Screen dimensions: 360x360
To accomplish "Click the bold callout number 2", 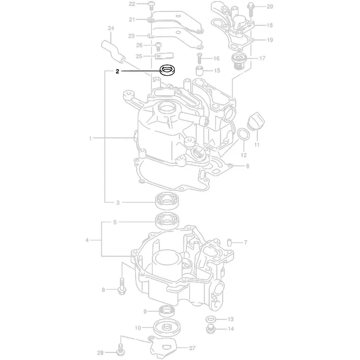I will pos(117,71).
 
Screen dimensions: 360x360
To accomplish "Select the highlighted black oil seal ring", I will pos(169,70).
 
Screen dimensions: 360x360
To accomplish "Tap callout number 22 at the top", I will pos(131,4).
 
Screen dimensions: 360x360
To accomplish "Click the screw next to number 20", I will pos(252,8).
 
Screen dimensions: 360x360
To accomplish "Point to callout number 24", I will pos(110,28).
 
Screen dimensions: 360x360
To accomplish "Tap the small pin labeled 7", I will pos(230,241).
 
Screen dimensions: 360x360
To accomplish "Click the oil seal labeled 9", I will pos(167,311).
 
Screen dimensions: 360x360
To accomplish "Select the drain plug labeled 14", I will pos(211,328).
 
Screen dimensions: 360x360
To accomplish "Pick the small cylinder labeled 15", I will pos(199,70).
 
